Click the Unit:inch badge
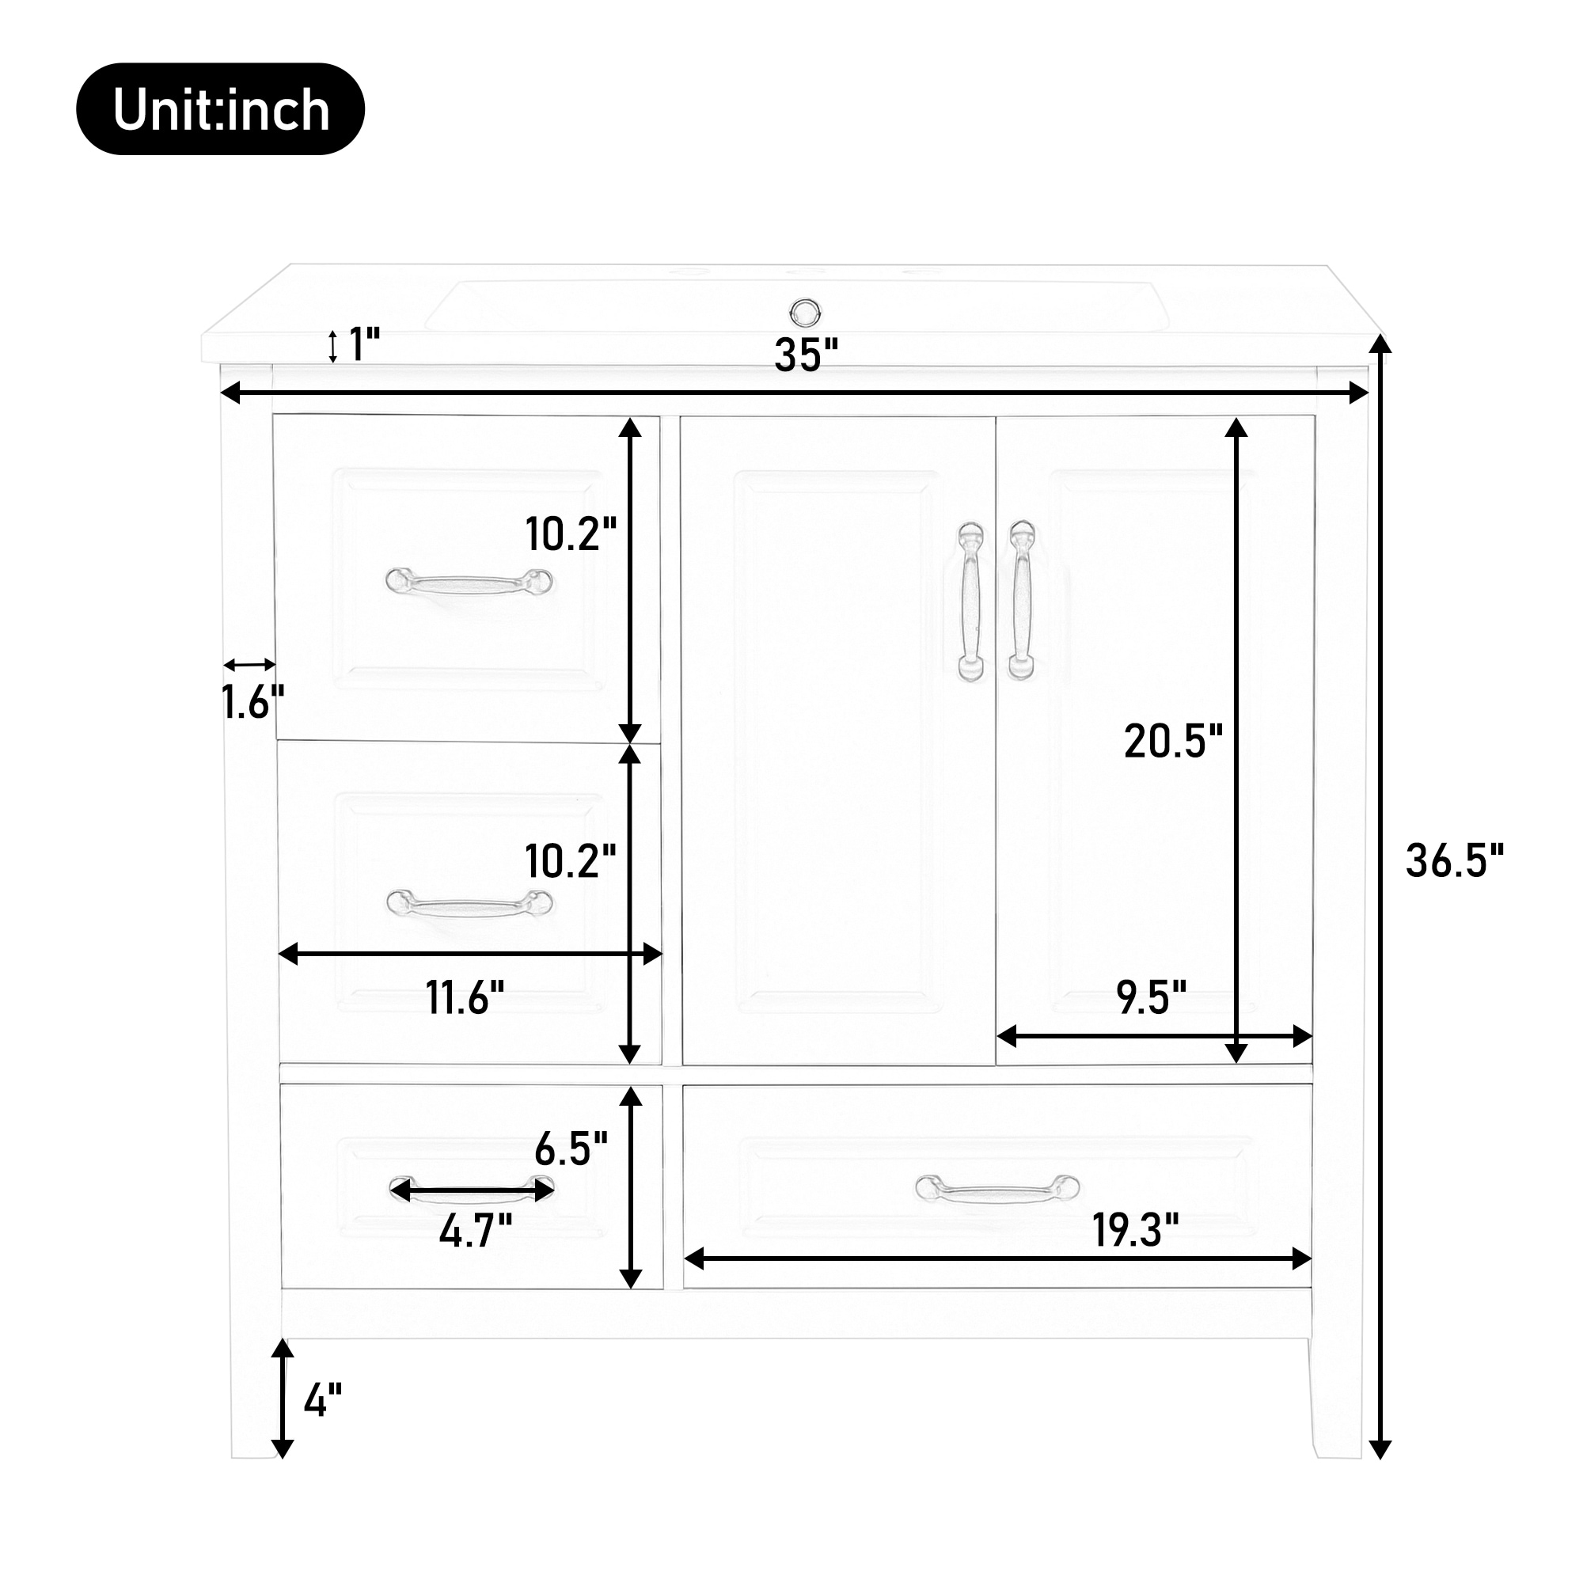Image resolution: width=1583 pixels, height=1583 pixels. [219, 109]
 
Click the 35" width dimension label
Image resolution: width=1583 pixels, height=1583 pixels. [807, 355]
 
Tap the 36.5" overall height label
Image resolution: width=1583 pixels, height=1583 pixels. [1454, 861]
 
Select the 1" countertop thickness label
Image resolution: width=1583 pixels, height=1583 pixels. [364, 345]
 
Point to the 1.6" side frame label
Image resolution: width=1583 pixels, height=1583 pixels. [252, 702]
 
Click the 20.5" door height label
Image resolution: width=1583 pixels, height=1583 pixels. [1172, 742]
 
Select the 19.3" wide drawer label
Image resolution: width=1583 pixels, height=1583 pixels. [1135, 1230]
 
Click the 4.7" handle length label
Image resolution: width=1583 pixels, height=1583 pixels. [475, 1231]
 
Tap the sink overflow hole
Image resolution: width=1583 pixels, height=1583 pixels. [805, 311]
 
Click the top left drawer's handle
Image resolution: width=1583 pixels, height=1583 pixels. [469, 583]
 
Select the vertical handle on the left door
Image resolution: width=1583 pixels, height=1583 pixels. [972, 602]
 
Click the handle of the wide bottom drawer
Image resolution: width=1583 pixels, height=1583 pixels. [997, 1188]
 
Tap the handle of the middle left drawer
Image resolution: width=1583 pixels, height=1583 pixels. [469, 904]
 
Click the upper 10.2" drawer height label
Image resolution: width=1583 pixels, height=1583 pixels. [570, 534]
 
